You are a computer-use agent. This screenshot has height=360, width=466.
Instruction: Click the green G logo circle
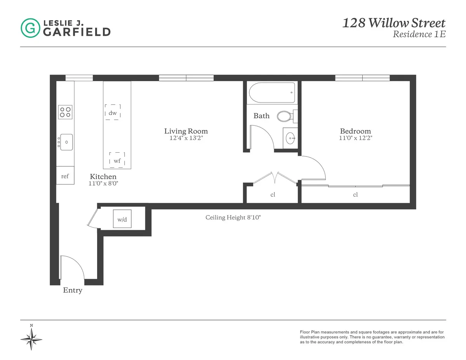point(30,28)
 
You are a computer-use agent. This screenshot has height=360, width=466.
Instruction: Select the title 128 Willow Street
point(393,23)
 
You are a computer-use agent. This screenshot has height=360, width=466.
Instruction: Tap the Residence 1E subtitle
point(419,34)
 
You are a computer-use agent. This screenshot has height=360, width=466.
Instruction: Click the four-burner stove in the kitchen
point(66,112)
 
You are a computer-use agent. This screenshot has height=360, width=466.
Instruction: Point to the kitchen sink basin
point(66,142)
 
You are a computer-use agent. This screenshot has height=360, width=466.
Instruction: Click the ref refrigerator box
point(65,176)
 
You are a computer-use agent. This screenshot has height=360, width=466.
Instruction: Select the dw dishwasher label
point(113,113)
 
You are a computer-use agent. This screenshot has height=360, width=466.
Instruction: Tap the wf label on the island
point(117,161)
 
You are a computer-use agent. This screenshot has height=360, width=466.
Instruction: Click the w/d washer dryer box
point(122,219)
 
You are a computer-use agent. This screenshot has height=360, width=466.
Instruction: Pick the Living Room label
point(186,131)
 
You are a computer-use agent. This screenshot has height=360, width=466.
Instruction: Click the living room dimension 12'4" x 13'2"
point(186,138)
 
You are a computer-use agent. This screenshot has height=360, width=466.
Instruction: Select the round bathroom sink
point(290,137)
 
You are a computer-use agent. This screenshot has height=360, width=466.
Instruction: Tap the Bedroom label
point(355,131)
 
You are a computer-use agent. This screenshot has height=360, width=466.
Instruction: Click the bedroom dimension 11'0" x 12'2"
point(355,138)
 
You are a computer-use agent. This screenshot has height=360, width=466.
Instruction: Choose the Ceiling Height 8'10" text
point(233,217)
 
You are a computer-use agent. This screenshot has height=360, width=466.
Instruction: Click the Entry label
point(73,290)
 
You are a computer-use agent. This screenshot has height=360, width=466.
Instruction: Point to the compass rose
point(31,339)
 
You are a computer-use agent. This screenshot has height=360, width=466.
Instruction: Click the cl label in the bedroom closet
point(355,195)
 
